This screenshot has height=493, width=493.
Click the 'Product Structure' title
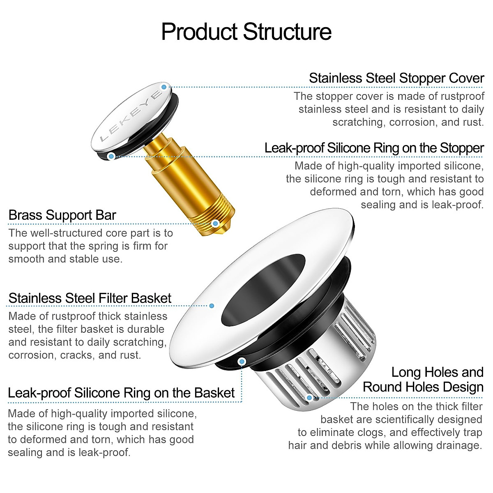click(x=246, y=32)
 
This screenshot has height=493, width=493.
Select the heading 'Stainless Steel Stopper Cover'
click(x=396, y=78)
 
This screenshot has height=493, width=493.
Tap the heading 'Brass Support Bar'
click(x=62, y=215)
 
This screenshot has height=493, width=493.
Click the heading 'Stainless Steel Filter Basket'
click(x=90, y=298)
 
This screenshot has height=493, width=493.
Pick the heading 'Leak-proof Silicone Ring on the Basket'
click(x=121, y=393)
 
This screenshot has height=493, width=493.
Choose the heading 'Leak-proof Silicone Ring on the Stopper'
click(x=374, y=148)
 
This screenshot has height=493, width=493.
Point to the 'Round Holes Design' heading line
click(x=423, y=387)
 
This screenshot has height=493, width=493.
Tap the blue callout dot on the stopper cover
click(x=164, y=87)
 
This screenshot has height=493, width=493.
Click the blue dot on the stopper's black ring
click(x=111, y=156)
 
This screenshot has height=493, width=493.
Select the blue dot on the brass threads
click(x=215, y=223)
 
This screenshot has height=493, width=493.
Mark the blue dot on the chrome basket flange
click(x=212, y=306)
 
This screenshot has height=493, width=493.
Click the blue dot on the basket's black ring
click(x=242, y=361)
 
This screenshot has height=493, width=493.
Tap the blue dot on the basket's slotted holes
click(x=310, y=397)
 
